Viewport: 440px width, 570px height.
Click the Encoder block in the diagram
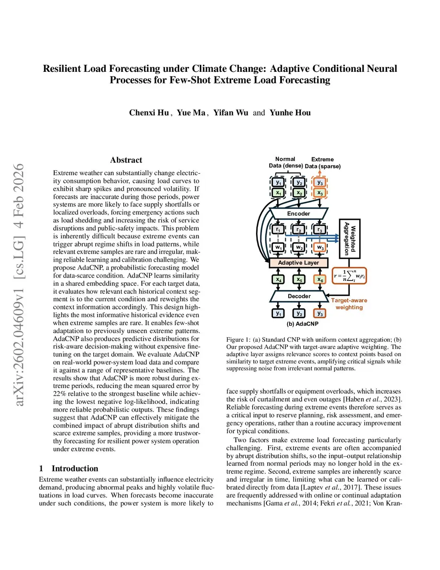coord(299,213)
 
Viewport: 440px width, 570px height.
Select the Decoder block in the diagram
coord(299,296)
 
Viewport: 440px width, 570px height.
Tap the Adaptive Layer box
coord(299,262)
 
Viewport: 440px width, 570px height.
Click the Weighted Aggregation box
coord(350,239)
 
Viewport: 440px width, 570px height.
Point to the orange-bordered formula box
coord(350,276)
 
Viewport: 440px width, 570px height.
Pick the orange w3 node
coord(320,247)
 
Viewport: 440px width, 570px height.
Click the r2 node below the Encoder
coord(299,229)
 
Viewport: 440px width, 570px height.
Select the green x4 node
coord(278,280)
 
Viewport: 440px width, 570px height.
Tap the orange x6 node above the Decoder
coord(320,280)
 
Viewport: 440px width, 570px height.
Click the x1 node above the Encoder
coord(278,193)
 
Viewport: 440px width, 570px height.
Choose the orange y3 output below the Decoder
coord(320,313)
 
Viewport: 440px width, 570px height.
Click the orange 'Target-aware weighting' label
coord(349,304)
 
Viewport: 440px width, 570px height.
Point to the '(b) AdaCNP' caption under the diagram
coord(302,324)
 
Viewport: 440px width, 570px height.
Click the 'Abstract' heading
coord(126,160)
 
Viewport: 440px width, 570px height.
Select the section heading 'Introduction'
coord(75,468)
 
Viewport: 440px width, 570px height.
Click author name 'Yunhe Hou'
coord(290,113)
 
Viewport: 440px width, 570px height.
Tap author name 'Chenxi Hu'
coord(149,113)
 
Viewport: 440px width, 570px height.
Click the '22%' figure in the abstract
coord(60,394)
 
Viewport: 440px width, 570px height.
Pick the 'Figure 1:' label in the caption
coord(238,339)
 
